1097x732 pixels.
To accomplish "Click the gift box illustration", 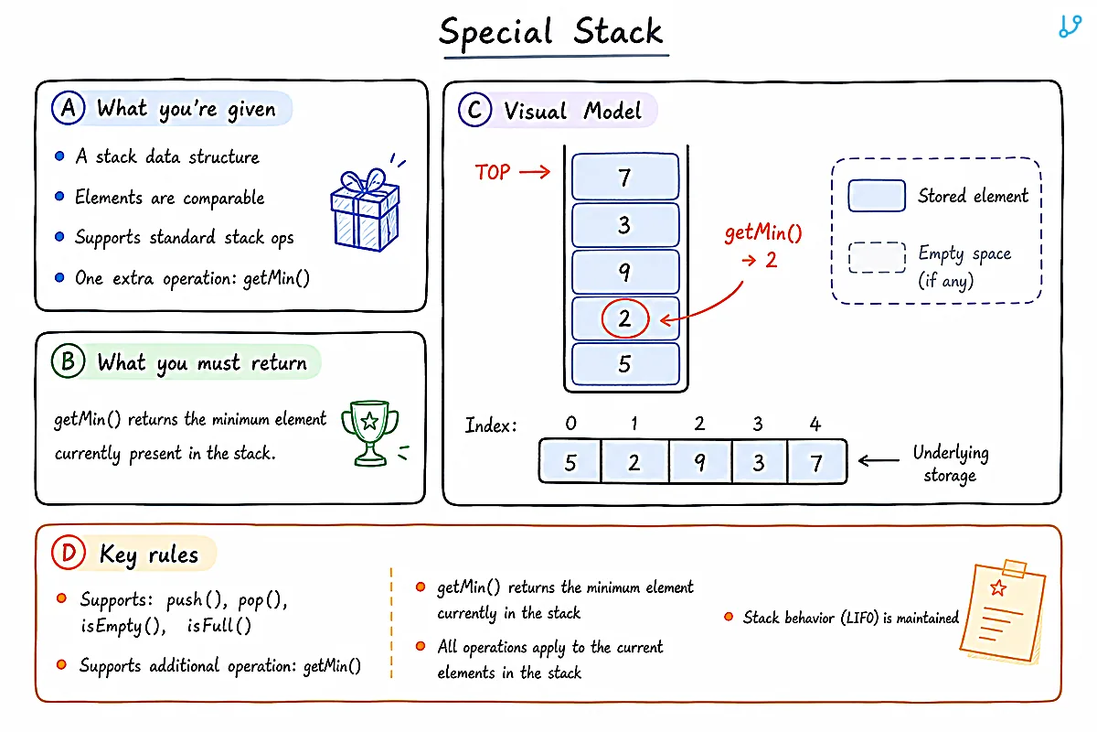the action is pyautogui.click(x=366, y=210).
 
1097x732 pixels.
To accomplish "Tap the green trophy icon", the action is pyautogui.click(x=370, y=433).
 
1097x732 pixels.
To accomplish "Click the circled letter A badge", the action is pyautogui.click(x=68, y=108).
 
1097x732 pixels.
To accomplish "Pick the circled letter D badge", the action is pyautogui.click(x=69, y=553).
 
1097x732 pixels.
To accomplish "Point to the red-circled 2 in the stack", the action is pyautogui.click(x=625, y=318).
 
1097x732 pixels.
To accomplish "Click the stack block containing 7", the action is pyautogui.click(x=625, y=177).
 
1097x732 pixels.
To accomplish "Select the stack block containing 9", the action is pyautogui.click(x=625, y=271).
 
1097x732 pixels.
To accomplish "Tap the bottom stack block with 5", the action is pyautogui.click(x=625, y=363).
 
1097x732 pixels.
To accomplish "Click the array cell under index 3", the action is pyautogui.click(x=759, y=462).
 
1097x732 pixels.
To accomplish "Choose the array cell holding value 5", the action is pyautogui.click(x=570, y=462).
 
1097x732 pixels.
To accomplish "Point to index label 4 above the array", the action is pyautogui.click(x=815, y=424).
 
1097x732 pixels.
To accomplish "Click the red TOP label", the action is pyautogui.click(x=492, y=172).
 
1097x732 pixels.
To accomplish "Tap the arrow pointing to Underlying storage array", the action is pyautogui.click(x=879, y=460).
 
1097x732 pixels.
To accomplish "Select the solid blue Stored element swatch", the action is pyautogui.click(x=877, y=196).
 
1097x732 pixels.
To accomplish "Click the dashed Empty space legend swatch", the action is pyautogui.click(x=877, y=257).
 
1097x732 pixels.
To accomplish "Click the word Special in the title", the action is pyautogui.click(x=496, y=33).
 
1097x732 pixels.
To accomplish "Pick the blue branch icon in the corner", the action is pyautogui.click(x=1070, y=26).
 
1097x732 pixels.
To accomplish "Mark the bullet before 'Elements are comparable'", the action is pyautogui.click(x=59, y=197).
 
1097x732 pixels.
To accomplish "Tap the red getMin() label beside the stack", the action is pyautogui.click(x=763, y=232).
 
